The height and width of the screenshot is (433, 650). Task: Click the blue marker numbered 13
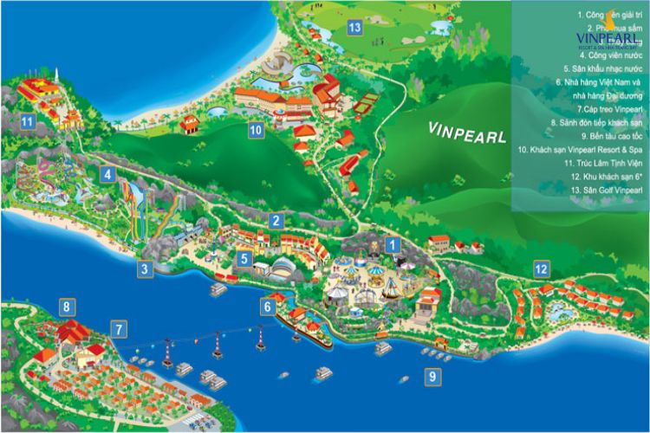click(x=354, y=27)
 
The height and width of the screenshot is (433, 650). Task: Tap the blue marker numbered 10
click(x=256, y=131)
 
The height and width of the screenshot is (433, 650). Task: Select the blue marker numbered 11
click(x=28, y=121)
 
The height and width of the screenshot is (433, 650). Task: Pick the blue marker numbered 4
click(x=107, y=174)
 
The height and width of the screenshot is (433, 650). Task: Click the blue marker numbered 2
click(x=276, y=221)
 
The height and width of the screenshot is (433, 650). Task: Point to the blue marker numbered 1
click(x=392, y=245)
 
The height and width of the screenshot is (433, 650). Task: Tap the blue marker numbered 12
click(x=541, y=268)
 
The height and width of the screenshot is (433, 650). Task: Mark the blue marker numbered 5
click(x=245, y=258)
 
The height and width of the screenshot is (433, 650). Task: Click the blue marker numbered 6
click(x=269, y=305)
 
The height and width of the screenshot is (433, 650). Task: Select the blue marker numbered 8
click(x=67, y=306)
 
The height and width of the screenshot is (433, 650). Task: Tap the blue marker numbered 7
click(x=119, y=328)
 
